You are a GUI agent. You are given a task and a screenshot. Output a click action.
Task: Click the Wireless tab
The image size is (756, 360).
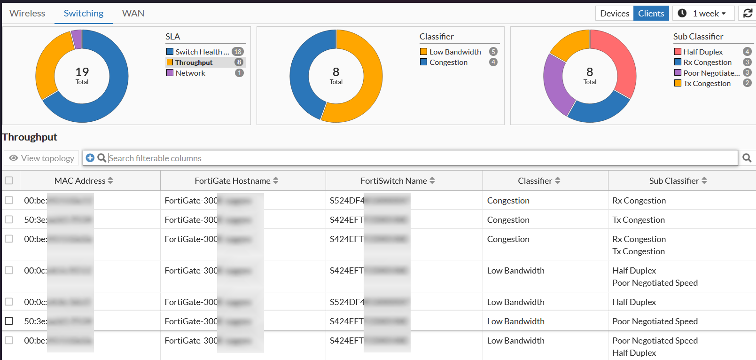tap(27, 13)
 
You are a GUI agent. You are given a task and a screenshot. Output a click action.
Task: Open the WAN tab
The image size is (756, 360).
tap(133, 13)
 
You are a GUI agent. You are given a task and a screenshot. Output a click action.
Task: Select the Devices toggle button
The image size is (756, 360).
tap(614, 14)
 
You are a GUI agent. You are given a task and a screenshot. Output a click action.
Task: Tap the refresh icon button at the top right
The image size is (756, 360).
tap(748, 14)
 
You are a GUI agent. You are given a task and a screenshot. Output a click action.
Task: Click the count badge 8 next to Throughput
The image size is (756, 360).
tap(239, 62)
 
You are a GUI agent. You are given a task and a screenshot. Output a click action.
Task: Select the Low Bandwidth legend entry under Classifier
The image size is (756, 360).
tap(455, 52)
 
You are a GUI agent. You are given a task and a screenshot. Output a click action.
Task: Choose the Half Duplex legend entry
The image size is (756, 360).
tap(703, 52)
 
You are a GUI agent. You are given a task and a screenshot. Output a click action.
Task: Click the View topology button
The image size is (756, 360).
tap(42, 158)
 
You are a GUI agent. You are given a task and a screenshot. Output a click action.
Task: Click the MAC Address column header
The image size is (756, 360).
tap(80, 180)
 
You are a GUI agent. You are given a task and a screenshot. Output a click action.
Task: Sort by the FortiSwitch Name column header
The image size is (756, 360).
tap(394, 180)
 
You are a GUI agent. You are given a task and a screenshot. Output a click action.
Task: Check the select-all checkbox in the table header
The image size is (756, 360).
tap(9, 180)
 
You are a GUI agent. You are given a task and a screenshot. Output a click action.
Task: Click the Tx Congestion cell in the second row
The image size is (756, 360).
tap(639, 219)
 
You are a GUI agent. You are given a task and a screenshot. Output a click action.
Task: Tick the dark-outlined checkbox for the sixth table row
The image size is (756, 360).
tap(9, 321)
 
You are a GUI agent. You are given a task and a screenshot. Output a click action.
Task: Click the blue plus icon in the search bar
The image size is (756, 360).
tap(90, 158)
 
